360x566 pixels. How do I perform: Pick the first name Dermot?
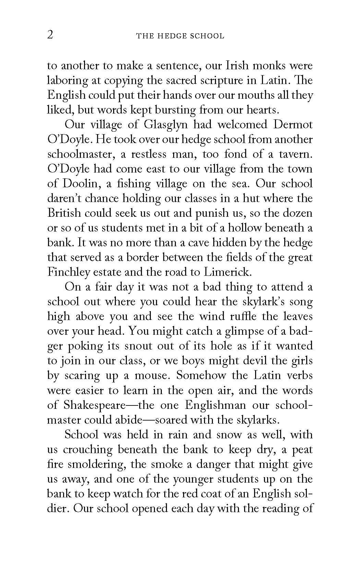(x=293, y=125)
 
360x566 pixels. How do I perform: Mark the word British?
(x=65, y=213)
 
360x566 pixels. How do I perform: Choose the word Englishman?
(x=215, y=405)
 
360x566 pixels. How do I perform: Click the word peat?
(x=302, y=449)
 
